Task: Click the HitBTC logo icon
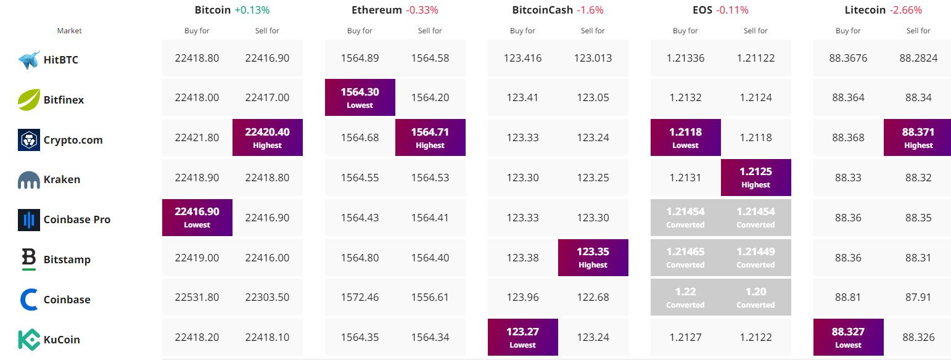pos(29,60)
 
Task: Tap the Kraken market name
pos(62,179)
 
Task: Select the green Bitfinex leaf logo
pos(29,100)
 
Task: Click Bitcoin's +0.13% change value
pos(252,10)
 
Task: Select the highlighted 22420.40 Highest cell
pos(267,137)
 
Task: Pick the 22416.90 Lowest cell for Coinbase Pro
pos(197,217)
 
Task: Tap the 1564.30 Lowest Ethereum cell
pos(360,97)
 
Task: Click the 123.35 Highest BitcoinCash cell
pos(593,257)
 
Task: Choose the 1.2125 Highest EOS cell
pos(755,178)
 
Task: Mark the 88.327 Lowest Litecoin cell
pos(848,337)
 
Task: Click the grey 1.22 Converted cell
pos(685,297)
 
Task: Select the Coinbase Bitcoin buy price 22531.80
pos(197,297)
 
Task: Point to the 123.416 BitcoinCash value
pos(522,58)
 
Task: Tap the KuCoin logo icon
pos(29,340)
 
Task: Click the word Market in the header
pos(69,31)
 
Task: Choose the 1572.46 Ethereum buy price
pos(360,297)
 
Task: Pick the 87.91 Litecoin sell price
pos(918,297)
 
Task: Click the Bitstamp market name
pos(67,260)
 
